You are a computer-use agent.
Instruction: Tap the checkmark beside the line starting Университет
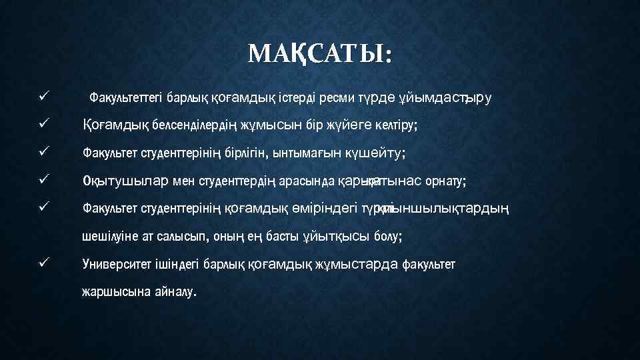coord(44,264)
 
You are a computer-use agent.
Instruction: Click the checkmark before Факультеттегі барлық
coord(44,97)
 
